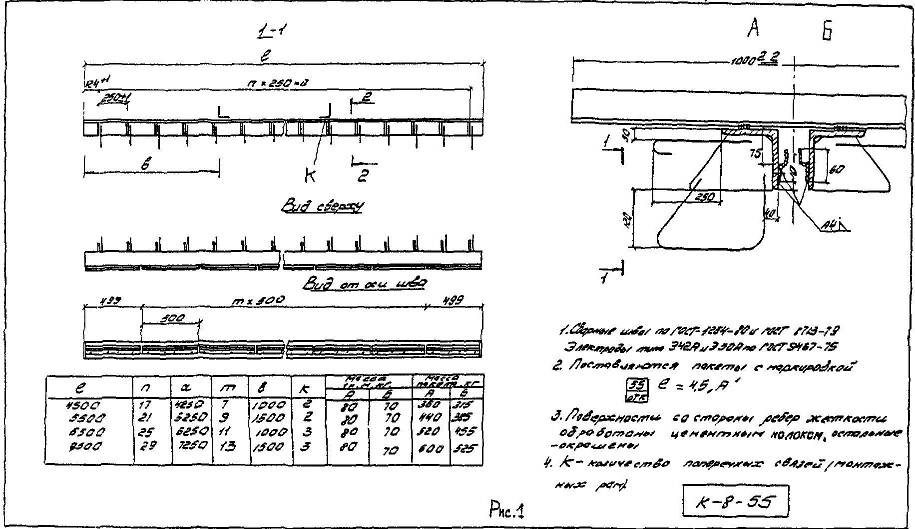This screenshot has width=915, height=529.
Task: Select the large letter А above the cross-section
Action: point(754,29)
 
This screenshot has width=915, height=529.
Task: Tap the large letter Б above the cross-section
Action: point(826,31)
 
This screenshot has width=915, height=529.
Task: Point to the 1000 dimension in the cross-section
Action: point(743,61)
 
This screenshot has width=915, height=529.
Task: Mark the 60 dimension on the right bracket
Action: point(837,169)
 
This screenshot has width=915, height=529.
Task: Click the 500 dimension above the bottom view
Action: point(173,317)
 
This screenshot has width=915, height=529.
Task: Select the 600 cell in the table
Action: point(431,448)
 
